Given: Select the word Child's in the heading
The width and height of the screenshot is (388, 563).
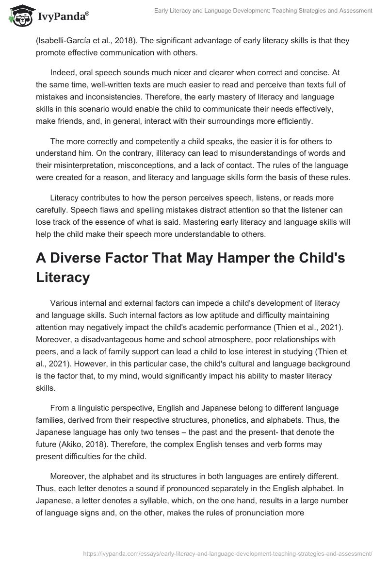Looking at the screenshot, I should [x=320, y=259].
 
